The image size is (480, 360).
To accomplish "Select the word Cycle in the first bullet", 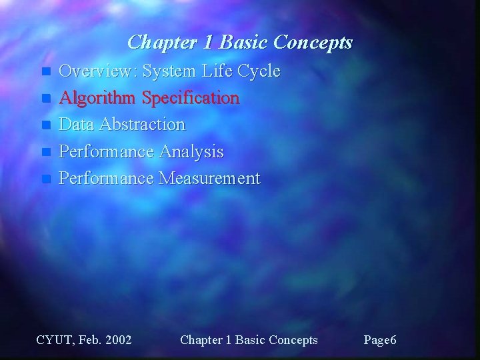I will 258,71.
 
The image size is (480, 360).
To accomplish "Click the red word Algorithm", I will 98,98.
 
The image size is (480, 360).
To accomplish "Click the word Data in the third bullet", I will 75,125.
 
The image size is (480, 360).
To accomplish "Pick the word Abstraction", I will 140,125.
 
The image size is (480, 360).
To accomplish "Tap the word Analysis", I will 192,151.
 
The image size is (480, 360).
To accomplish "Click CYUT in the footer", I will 54,340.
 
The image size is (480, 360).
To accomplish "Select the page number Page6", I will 380,340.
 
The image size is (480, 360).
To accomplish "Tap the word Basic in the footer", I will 247,340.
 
